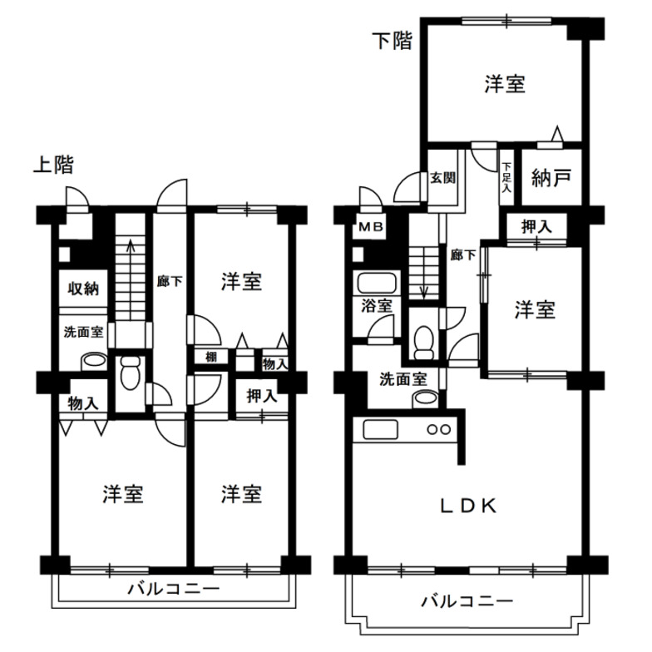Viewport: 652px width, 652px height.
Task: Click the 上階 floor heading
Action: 52,165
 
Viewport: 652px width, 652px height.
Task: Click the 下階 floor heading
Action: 391,41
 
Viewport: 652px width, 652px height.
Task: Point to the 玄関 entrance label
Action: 442,178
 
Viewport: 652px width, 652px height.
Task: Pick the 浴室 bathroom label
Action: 377,305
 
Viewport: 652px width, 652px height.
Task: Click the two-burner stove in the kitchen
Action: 438,430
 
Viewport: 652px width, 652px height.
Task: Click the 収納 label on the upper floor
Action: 83,289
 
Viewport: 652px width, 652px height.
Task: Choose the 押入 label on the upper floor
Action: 262,396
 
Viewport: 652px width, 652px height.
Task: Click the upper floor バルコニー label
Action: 172,590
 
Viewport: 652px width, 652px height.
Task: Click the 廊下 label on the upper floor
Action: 170,281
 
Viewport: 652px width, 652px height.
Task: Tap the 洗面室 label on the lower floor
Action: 403,378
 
